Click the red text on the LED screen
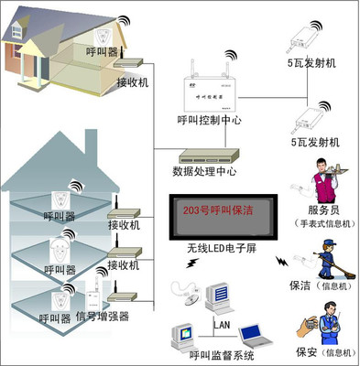tap(220, 210)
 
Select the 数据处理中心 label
tap(205, 170)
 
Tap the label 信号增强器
tap(102, 317)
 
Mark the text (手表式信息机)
tap(319, 222)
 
